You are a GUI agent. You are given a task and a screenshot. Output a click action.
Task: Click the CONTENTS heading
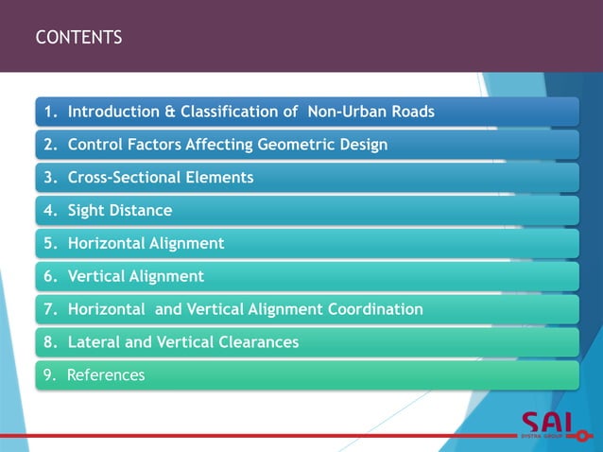[x=78, y=38]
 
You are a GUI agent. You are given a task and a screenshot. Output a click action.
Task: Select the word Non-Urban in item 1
[x=346, y=112]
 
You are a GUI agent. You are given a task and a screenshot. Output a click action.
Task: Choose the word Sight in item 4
[x=87, y=210]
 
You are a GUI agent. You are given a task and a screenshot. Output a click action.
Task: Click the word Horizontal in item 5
[x=107, y=243]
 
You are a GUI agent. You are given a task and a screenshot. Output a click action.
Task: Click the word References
[x=106, y=375]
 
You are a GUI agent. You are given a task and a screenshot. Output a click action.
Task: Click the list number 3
[x=48, y=177]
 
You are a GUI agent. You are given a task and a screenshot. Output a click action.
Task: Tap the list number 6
[x=48, y=276]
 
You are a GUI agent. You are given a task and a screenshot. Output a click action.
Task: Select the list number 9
[x=48, y=375]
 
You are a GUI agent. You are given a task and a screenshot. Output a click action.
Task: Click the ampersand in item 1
[x=170, y=112]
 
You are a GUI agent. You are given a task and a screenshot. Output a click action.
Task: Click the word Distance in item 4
[x=141, y=210]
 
